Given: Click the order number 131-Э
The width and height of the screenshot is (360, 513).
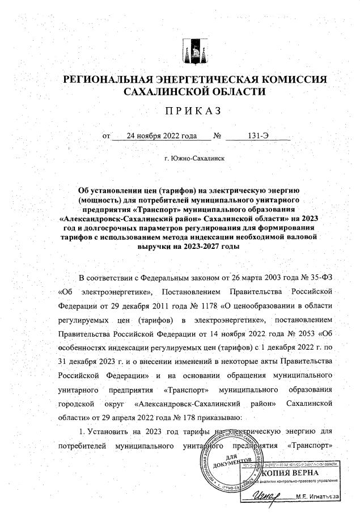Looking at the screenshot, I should (x=259, y=135).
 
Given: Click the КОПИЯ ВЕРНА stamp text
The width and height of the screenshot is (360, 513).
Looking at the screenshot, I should (x=291, y=473).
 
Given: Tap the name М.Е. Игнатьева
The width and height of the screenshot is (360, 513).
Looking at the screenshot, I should (x=317, y=497).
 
